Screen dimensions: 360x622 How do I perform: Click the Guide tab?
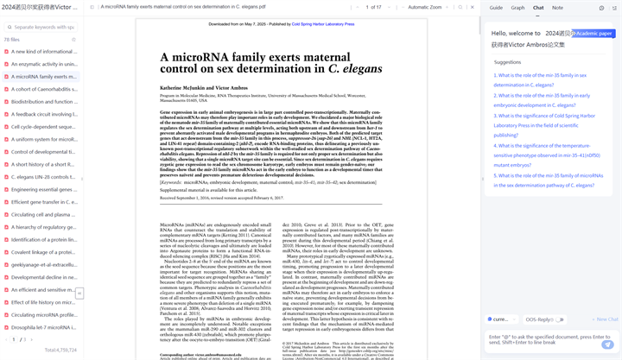click(x=496, y=8)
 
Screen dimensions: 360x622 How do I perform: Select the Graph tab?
click(x=517, y=8)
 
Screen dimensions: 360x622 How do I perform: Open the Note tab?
click(x=557, y=8)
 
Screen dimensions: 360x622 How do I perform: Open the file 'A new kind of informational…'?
click(x=44, y=52)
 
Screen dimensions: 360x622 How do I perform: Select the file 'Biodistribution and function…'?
click(x=44, y=102)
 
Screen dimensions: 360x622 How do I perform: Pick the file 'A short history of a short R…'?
click(x=44, y=165)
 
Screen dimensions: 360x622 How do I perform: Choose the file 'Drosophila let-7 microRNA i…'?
click(x=44, y=328)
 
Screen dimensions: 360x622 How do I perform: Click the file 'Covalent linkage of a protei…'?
click(x=44, y=253)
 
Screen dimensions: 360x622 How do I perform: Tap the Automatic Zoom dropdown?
click(x=428, y=7)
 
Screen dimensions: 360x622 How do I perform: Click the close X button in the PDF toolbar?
click(x=460, y=7)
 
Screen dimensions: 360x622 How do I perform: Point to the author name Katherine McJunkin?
click(x=180, y=87)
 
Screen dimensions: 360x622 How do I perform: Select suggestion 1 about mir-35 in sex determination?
click(x=540, y=80)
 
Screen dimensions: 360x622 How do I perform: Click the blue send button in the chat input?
click(x=608, y=344)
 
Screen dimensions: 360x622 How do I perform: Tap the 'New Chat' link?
click(x=606, y=319)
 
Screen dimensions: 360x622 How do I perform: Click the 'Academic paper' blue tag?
click(x=593, y=33)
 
